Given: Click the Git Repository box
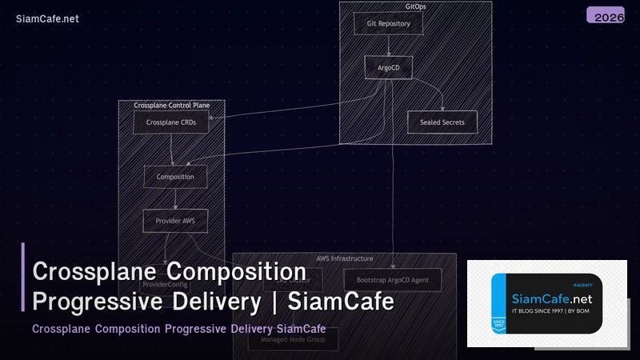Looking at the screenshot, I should pos(388,24).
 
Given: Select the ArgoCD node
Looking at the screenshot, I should pos(388,67).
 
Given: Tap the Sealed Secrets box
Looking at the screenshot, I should pos(442,122).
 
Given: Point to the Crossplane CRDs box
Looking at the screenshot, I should pos(170,123).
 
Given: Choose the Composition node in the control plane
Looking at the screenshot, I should pos(175,177).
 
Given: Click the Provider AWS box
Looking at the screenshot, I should pos(175,220).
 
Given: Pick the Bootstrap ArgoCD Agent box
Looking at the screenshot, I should pos(392,280).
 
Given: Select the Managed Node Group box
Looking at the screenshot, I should pos(292,340).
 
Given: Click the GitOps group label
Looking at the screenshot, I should pos(415,6).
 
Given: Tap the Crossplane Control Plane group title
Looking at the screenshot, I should pos(171,105).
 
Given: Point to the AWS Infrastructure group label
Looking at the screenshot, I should pos(344,258).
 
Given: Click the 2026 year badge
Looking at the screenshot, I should pos(610,16).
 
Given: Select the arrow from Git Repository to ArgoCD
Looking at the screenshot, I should pos(388,45).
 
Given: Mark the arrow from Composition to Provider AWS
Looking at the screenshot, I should pos(175,198).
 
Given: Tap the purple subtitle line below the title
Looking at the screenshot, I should pos(180,329).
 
